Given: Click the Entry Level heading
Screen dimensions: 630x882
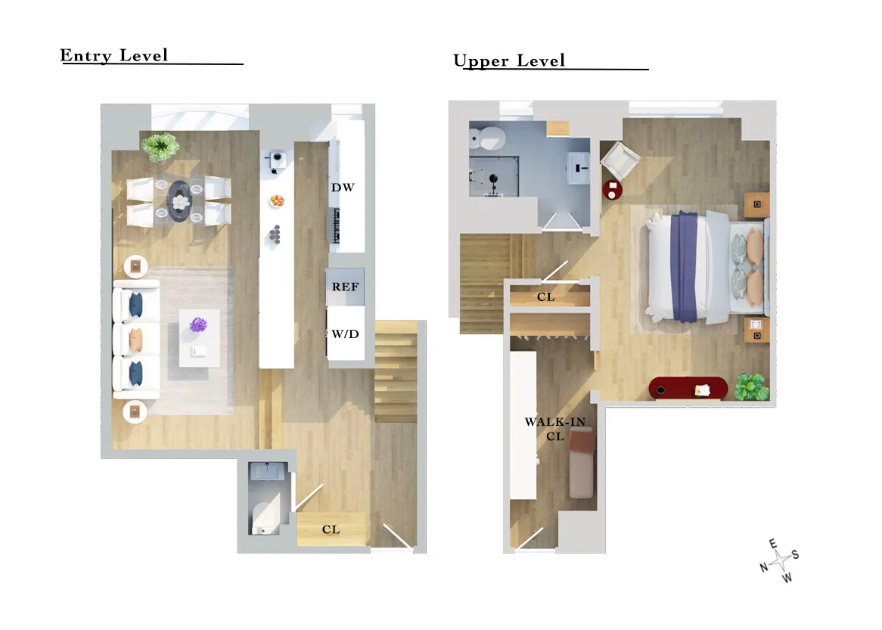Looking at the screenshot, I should [x=114, y=56].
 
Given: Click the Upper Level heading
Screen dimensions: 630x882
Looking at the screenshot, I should [x=510, y=61].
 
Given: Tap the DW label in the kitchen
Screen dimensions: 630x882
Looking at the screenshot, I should [x=343, y=188].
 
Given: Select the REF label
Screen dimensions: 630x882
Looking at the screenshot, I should [x=345, y=287].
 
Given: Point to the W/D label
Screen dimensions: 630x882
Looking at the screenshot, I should [x=345, y=334].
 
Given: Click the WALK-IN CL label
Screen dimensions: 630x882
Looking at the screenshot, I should [x=555, y=428].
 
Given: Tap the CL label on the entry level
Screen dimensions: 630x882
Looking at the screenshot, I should [x=331, y=529].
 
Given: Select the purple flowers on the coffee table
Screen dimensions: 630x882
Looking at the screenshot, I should [x=199, y=326].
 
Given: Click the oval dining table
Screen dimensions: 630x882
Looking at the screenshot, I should [x=180, y=200].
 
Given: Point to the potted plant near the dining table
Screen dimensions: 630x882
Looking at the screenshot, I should [x=160, y=146].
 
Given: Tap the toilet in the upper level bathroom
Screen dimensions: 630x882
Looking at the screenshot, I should [x=487, y=138].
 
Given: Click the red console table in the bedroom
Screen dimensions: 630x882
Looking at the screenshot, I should [x=688, y=389].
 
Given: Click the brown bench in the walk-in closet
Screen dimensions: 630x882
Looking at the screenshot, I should [x=581, y=462].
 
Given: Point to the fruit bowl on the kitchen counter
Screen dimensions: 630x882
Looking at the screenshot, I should [x=278, y=201].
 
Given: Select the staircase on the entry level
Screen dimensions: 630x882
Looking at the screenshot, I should [x=396, y=371].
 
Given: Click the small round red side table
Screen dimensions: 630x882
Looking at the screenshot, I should [x=612, y=190].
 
